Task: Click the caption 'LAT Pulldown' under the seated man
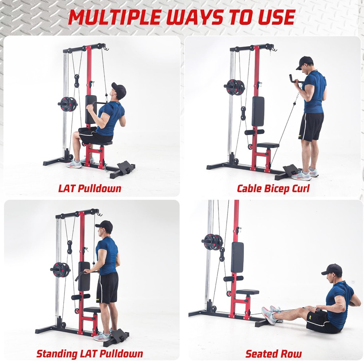point(90,189)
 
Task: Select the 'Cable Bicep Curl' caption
point(273,189)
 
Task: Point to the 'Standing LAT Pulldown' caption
point(90,353)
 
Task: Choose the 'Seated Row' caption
point(273,353)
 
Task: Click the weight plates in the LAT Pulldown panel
point(67,104)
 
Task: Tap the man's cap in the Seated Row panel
point(332,269)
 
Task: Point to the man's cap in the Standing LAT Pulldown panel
point(104,225)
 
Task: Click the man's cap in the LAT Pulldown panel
point(119,89)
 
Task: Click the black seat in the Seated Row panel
point(248,292)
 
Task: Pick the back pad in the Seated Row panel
point(237,257)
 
